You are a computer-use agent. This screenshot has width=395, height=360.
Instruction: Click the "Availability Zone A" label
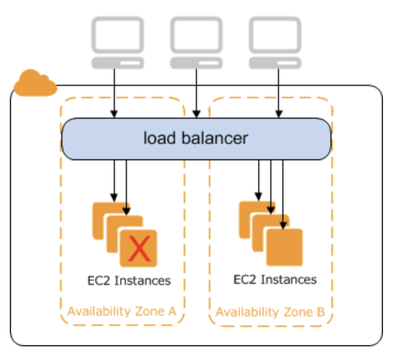pyautogui.click(x=121, y=311)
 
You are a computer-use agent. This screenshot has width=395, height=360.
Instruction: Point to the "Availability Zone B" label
pyautogui.click(x=270, y=312)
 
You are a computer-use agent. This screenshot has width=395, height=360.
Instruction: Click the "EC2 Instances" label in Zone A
pyautogui.click(x=129, y=281)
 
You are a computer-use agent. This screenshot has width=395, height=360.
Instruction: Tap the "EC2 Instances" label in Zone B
pyautogui.click(x=275, y=280)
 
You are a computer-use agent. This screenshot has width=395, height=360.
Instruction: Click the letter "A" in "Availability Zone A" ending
pyautogui.click(x=172, y=311)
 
